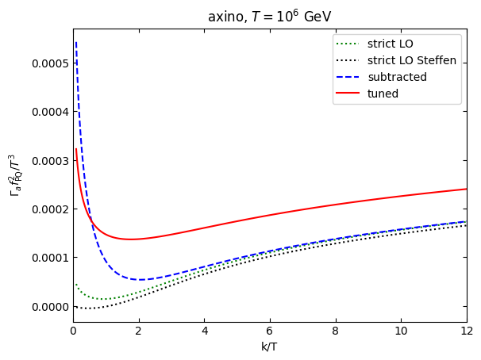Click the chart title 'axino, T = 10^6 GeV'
click(270, 17)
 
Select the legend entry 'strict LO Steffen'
click(411, 60)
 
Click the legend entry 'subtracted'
click(397, 77)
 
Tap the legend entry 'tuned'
click(383, 94)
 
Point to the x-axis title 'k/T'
click(270, 347)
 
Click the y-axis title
click(13, 175)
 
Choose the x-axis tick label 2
click(139, 331)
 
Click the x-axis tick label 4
click(204, 331)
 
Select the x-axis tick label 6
click(270, 331)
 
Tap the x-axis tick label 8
click(336, 331)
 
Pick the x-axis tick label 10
click(401, 331)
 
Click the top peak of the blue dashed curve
click(76, 42)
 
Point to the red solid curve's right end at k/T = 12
click(467, 189)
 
